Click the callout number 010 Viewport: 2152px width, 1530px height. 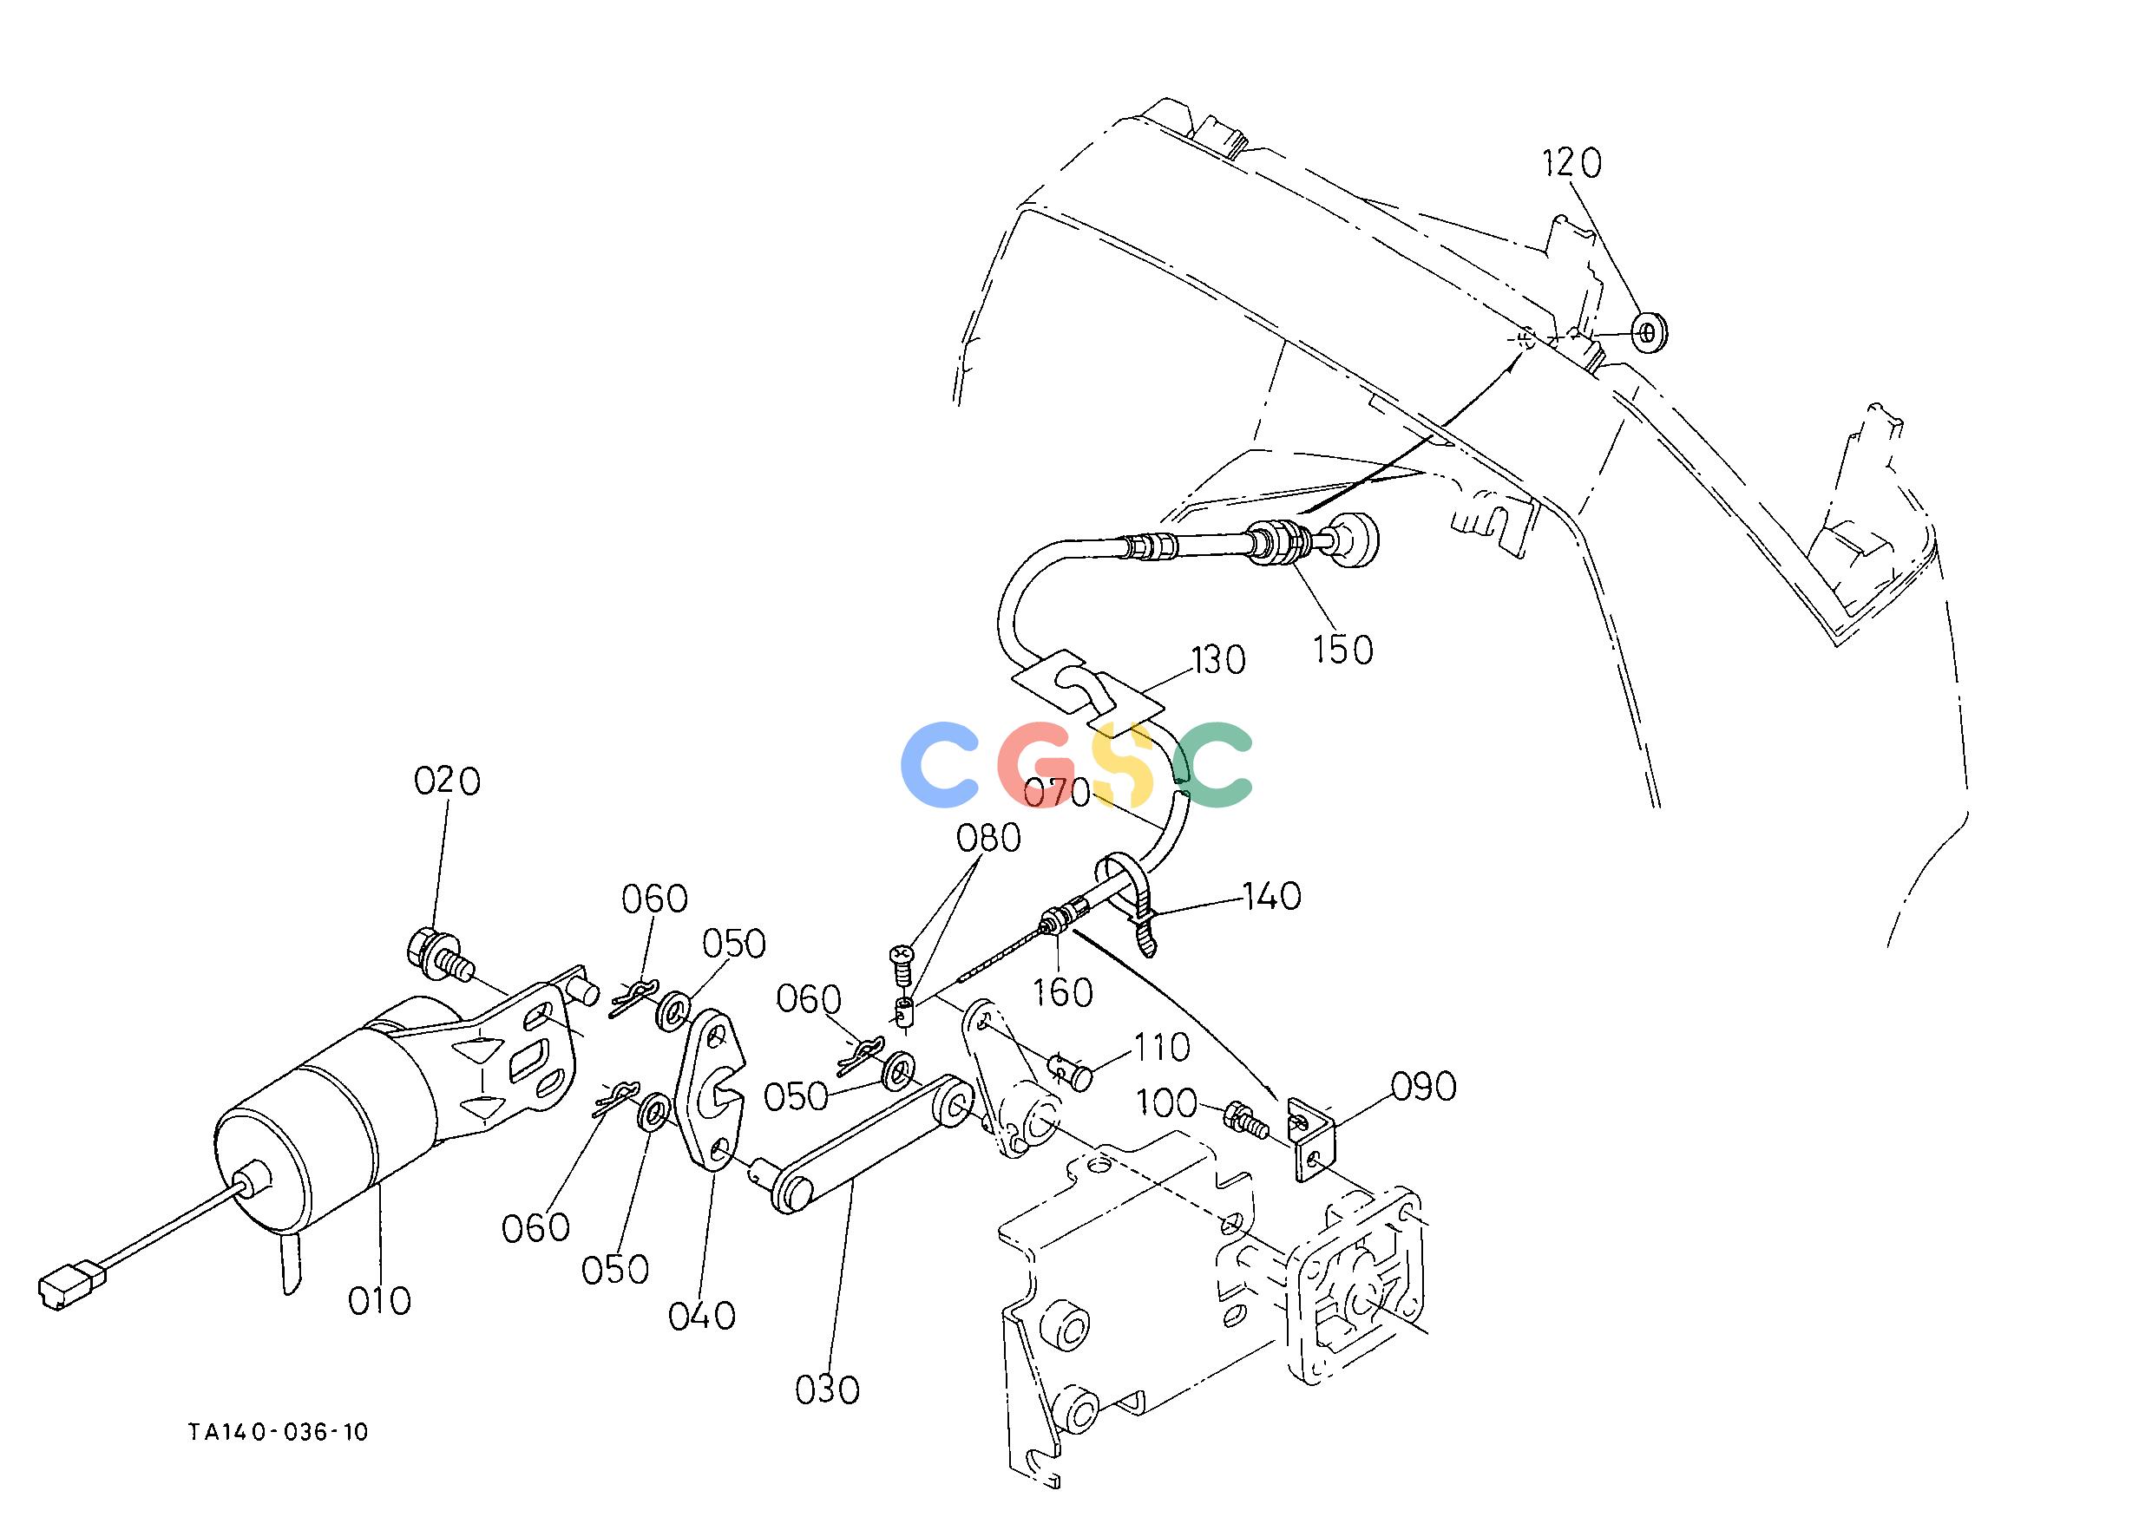(380, 1301)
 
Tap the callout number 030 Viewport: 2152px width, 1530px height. (828, 1390)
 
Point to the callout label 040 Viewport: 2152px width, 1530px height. (701, 1316)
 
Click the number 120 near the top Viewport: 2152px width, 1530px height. (1571, 164)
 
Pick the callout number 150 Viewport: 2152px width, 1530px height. (1343, 650)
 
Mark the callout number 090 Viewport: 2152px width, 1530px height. (1424, 1086)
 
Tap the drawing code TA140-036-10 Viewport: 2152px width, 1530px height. (278, 1433)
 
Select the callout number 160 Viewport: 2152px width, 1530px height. (1063, 993)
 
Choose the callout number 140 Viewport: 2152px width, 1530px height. (1271, 897)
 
